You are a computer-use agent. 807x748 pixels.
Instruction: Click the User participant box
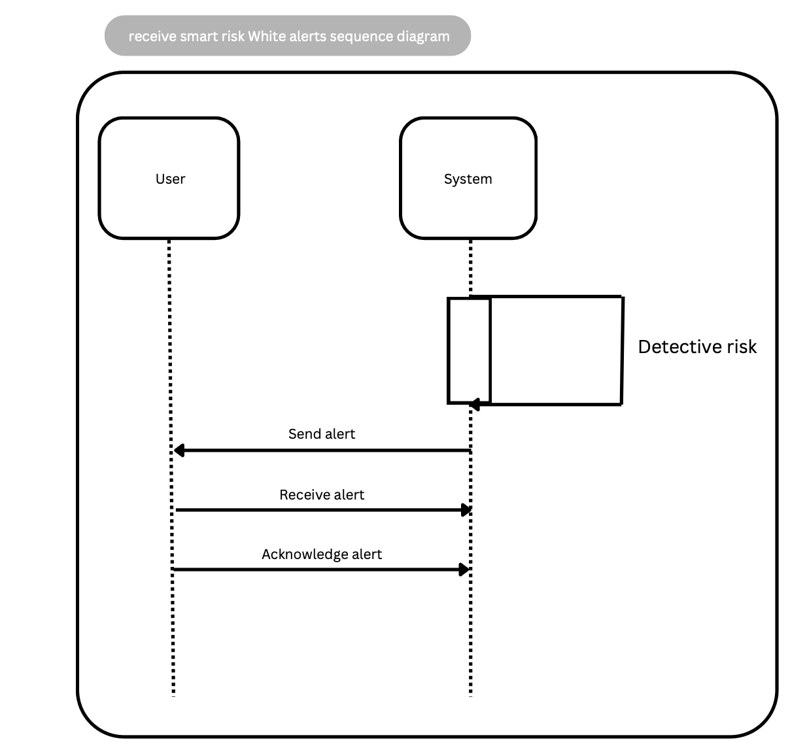point(169,203)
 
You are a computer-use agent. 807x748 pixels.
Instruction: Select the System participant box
point(468,203)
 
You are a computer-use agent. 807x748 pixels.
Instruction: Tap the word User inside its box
point(170,179)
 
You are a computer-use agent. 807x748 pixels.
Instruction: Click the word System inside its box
point(468,179)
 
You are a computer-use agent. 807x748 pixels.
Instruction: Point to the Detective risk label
point(696,347)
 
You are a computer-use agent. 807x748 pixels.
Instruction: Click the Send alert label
point(321,434)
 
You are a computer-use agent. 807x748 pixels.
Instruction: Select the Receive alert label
point(321,495)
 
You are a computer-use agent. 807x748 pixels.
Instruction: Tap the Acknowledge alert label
point(321,554)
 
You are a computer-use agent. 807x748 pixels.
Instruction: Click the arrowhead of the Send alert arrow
point(179,450)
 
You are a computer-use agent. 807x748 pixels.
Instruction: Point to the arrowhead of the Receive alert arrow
point(466,510)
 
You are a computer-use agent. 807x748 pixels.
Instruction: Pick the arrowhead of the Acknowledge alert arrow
point(464,569)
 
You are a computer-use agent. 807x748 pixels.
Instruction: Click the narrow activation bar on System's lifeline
point(469,350)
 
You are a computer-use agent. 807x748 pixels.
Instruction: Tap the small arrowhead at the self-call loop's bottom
point(475,405)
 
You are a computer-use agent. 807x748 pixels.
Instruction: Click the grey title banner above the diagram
point(288,36)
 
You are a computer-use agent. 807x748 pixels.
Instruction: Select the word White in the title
point(263,36)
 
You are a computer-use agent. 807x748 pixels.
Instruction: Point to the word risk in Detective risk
point(741,347)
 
